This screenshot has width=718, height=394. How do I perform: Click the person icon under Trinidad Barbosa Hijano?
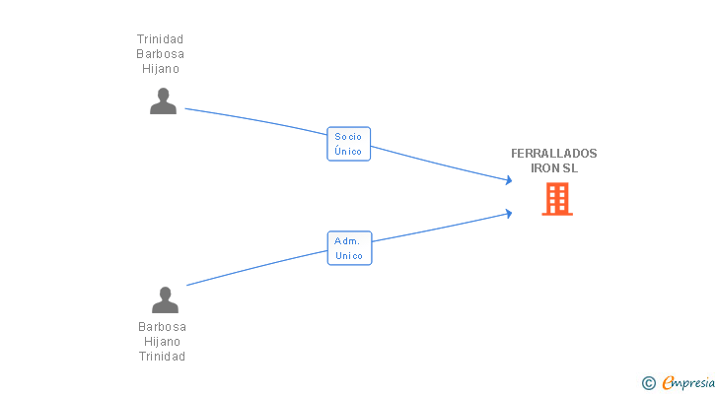[163, 101]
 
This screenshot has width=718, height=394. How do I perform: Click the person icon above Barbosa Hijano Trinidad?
[165, 299]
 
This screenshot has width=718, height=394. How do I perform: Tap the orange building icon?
[557, 199]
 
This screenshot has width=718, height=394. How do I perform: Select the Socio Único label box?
[348, 144]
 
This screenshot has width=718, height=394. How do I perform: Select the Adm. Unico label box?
[349, 248]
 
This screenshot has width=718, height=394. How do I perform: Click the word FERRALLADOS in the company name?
[553, 154]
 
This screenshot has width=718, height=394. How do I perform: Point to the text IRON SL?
[554, 168]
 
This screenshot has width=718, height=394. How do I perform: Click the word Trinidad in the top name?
[160, 39]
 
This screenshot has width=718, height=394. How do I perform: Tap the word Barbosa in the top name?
[160, 54]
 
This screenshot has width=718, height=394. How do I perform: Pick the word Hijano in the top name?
[160, 69]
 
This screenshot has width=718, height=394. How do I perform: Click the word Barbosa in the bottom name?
[162, 327]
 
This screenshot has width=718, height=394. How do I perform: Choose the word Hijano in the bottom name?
[162, 342]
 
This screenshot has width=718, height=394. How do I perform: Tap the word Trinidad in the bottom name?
[162, 357]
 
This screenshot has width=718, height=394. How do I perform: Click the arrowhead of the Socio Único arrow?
[508, 180]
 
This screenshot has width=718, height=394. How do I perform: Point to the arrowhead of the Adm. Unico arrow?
[508, 213]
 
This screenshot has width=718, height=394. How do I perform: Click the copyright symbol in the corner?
[648, 383]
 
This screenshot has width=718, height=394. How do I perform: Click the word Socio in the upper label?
[348, 137]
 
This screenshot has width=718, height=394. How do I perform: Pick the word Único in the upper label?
[348, 152]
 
